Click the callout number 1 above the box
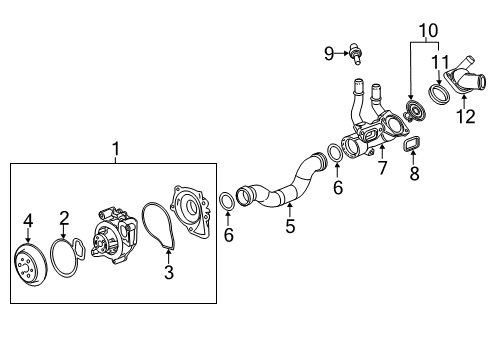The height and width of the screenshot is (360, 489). [x=116, y=149]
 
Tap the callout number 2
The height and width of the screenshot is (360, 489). [x=64, y=218]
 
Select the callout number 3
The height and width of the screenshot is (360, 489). [x=169, y=272]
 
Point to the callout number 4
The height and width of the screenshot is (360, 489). [x=28, y=221]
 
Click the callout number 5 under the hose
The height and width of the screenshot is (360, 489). [x=290, y=226]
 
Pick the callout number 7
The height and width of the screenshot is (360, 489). [x=382, y=167]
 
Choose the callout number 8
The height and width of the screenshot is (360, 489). [x=414, y=173]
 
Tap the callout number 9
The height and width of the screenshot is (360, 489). [x=329, y=53]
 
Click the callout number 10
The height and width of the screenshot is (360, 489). [x=428, y=31]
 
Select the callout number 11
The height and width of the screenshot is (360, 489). [x=441, y=62]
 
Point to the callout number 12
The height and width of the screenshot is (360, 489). [x=466, y=117]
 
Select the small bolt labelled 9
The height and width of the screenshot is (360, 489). [x=355, y=54]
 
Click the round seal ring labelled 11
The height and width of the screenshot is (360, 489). [x=439, y=94]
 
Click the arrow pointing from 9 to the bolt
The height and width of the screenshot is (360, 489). [x=341, y=53]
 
